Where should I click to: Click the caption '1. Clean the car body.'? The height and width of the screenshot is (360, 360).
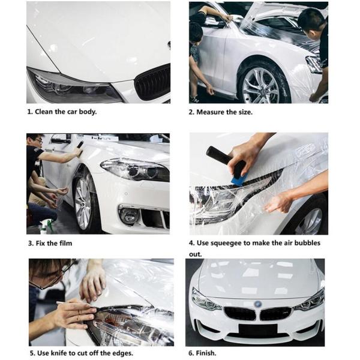tap(62, 112)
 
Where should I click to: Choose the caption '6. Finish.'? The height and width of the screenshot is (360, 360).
tap(202, 353)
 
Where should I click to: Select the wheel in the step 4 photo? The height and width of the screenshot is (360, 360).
tap(310, 221)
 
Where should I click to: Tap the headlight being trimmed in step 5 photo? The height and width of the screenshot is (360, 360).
tap(132, 324)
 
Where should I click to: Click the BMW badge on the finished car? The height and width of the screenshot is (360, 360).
tap(257, 304)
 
